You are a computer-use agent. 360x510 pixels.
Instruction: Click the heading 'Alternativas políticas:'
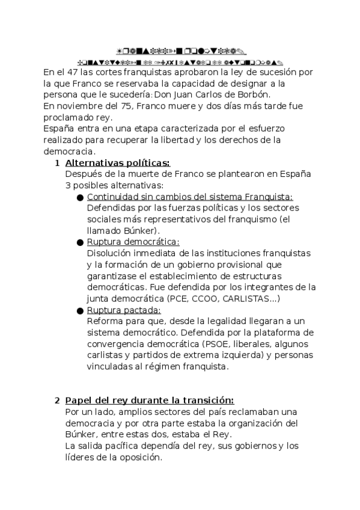(117, 163)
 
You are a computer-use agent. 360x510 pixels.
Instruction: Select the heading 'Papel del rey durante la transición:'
(149, 401)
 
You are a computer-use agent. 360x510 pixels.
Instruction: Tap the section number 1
(57, 163)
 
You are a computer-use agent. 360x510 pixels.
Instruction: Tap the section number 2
(57, 401)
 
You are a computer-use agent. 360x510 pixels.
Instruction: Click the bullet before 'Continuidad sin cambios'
(81, 197)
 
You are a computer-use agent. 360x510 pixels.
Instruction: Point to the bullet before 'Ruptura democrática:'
(81, 242)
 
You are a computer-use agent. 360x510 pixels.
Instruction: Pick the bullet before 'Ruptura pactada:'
(81, 311)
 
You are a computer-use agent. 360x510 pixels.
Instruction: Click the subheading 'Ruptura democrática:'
(133, 242)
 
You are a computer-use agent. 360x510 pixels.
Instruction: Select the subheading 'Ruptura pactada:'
(124, 310)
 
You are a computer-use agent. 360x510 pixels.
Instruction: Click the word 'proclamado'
(67, 118)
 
